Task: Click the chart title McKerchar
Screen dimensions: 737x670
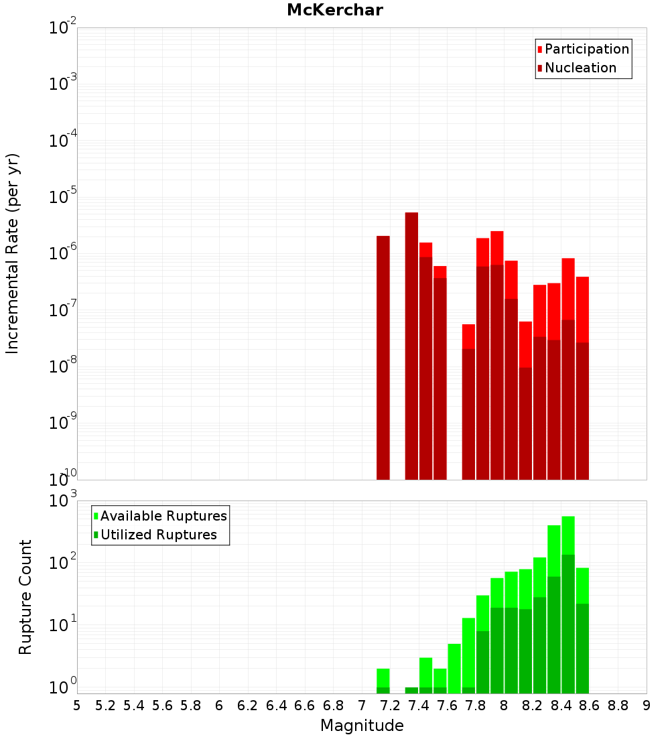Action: pyautogui.click(x=335, y=10)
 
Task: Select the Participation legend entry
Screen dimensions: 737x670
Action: pyautogui.click(x=587, y=49)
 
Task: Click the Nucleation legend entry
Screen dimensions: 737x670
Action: pyautogui.click(x=580, y=68)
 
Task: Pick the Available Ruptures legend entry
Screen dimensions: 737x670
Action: pyautogui.click(x=163, y=516)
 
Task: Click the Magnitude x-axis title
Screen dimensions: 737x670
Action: pyautogui.click(x=362, y=726)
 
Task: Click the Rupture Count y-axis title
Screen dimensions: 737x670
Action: pyautogui.click(x=25, y=597)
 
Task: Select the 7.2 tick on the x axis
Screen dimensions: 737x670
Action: pyautogui.click(x=390, y=706)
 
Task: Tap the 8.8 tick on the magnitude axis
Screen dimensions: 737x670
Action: pyautogui.click(x=618, y=706)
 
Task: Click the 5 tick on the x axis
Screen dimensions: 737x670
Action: pyautogui.click(x=77, y=706)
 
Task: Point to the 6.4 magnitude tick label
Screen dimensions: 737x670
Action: pyautogui.click(x=276, y=706)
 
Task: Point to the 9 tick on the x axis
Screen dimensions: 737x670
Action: pyautogui.click(x=647, y=706)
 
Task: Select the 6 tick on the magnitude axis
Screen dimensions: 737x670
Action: pyautogui.click(x=219, y=706)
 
